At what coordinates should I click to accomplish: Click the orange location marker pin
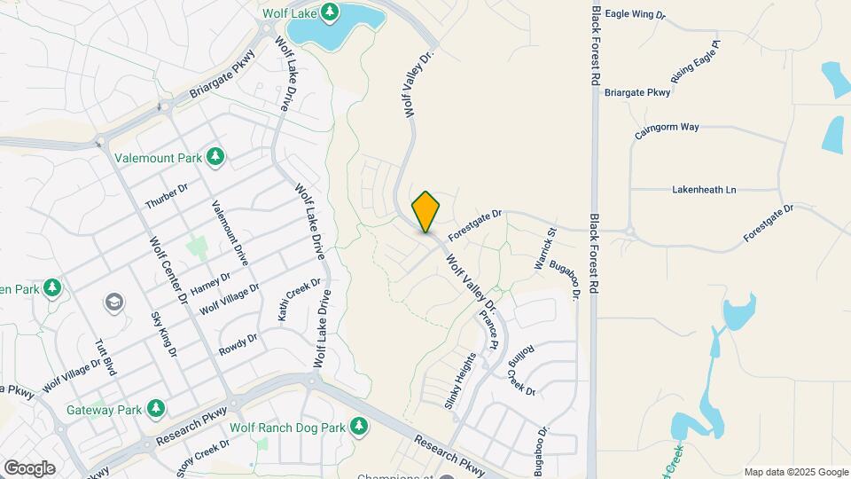(425, 212)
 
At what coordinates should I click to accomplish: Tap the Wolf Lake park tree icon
(330, 12)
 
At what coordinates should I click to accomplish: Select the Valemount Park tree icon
(215, 157)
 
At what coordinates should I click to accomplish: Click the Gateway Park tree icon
(156, 408)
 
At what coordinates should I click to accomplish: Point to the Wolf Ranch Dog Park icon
(359, 427)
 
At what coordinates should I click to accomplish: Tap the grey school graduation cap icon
(113, 303)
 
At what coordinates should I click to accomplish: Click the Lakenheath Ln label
(704, 189)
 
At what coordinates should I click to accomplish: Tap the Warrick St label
(544, 249)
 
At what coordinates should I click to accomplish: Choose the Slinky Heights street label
(461, 381)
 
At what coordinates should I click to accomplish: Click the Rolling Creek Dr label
(521, 370)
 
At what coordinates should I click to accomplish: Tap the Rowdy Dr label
(238, 344)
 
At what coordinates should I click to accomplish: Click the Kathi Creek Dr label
(298, 300)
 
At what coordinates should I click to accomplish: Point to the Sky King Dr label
(164, 335)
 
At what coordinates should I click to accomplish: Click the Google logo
(29, 467)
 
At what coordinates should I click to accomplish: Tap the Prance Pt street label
(489, 329)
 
